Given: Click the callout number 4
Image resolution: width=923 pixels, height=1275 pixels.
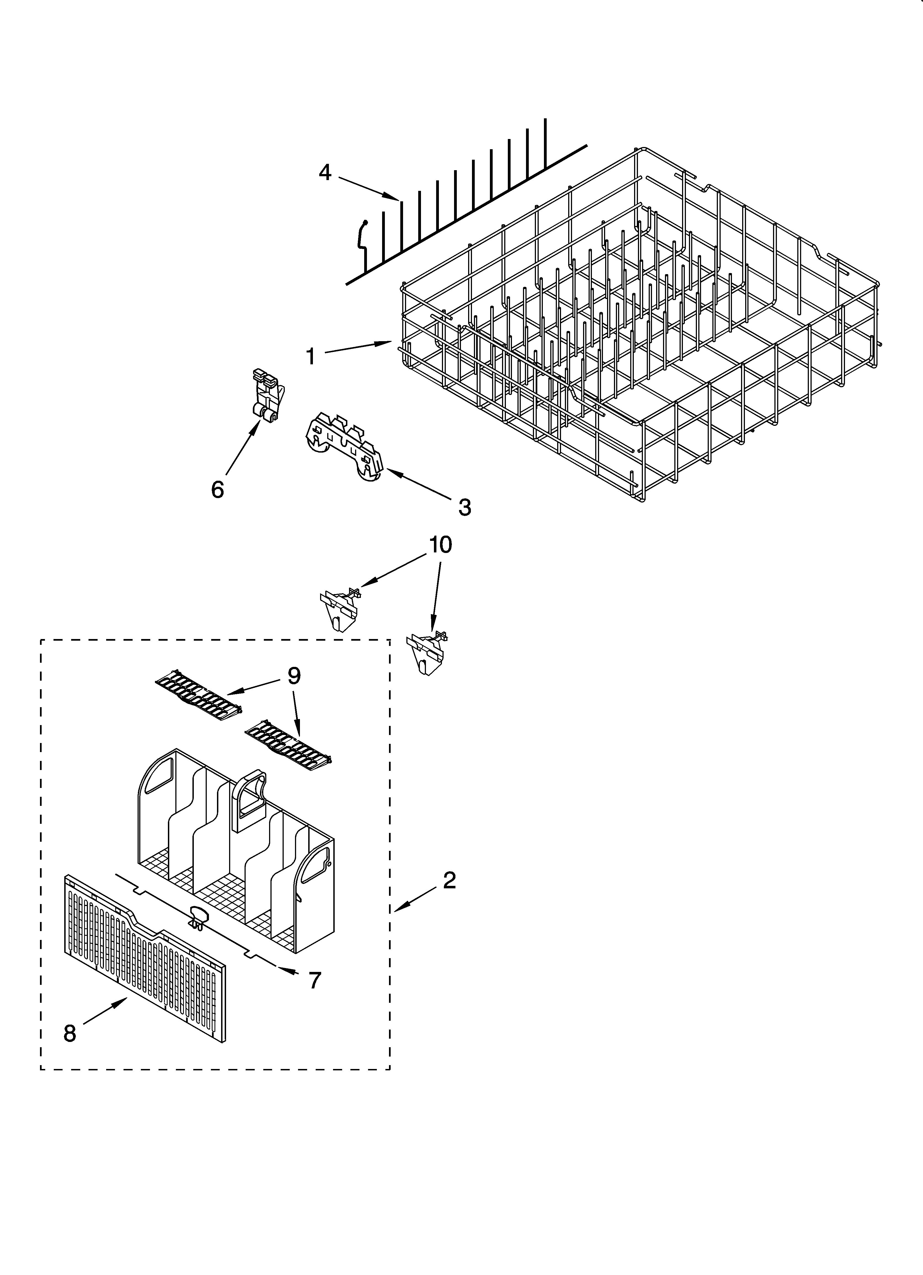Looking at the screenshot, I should tap(325, 173).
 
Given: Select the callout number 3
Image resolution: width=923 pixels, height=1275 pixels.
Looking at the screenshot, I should tap(464, 507).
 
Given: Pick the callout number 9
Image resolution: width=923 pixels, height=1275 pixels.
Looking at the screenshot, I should tap(294, 675).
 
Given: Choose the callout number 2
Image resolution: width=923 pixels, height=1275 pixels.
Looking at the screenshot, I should tap(449, 880).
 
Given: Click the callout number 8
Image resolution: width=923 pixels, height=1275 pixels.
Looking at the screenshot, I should tap(70, 1049).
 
